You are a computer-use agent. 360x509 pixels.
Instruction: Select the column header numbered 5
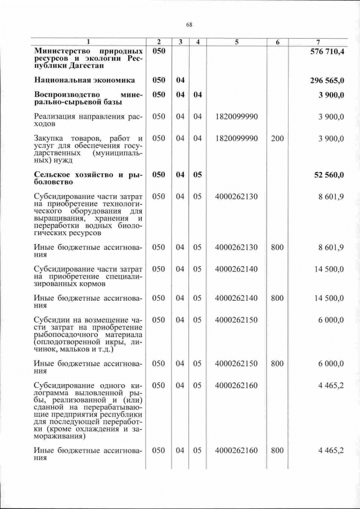(x=236, y=42)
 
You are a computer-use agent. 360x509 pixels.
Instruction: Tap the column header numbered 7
(x=318, y=42)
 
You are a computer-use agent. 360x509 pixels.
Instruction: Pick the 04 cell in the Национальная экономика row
(x=180, y=80)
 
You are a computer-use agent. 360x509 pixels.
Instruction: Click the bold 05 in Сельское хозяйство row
(x=197, y=175)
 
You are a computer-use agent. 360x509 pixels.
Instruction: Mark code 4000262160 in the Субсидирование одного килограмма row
(x=236, y=386)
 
